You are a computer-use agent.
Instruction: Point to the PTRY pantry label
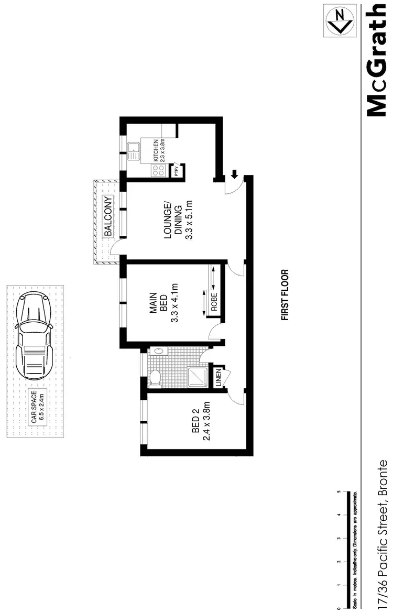point(176,171)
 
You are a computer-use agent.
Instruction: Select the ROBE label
point(214,302)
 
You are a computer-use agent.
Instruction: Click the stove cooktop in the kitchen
point(156,170)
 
